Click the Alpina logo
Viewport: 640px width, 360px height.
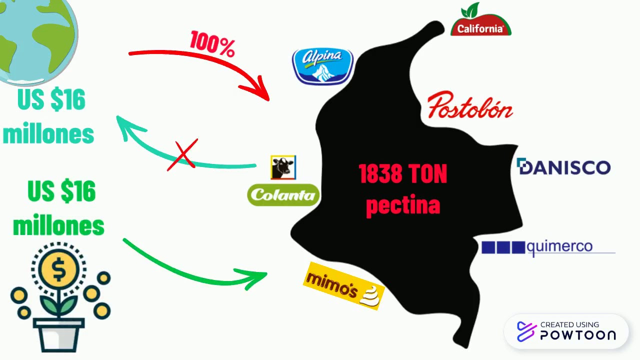[323, 66]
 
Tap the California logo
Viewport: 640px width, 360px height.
[480, 22]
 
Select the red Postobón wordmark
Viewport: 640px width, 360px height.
[470, 105]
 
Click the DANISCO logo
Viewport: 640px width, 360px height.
[563, 166]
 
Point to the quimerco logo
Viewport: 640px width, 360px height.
[548, 247]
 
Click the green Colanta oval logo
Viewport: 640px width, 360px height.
[283, 195]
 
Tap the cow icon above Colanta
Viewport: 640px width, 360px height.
[283, 167]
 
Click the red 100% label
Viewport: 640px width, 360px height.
[212, 43]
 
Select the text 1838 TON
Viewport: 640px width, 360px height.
[402, 174]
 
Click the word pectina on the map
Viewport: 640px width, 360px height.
[402, 205]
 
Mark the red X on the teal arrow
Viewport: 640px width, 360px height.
[183, 155]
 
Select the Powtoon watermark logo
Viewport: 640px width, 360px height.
[566, 331]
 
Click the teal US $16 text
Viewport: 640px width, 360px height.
[51, 100]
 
